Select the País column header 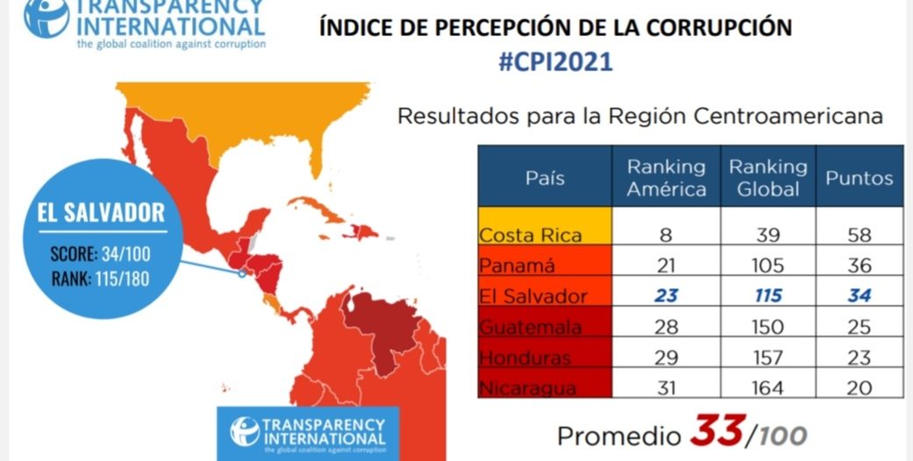tap(545, 176)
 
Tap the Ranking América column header tap(666, 176)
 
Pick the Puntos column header tap(859, 177)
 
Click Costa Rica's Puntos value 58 tap(859, 235)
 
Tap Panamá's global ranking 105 tap(767, 266)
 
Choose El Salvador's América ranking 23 tap(666, 296)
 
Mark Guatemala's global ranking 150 tap(767, 327)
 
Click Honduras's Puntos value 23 tap(859, 357)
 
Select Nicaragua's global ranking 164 tap(767, 386)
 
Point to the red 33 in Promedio tap(717, 432)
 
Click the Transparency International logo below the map tap(307, 431)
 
